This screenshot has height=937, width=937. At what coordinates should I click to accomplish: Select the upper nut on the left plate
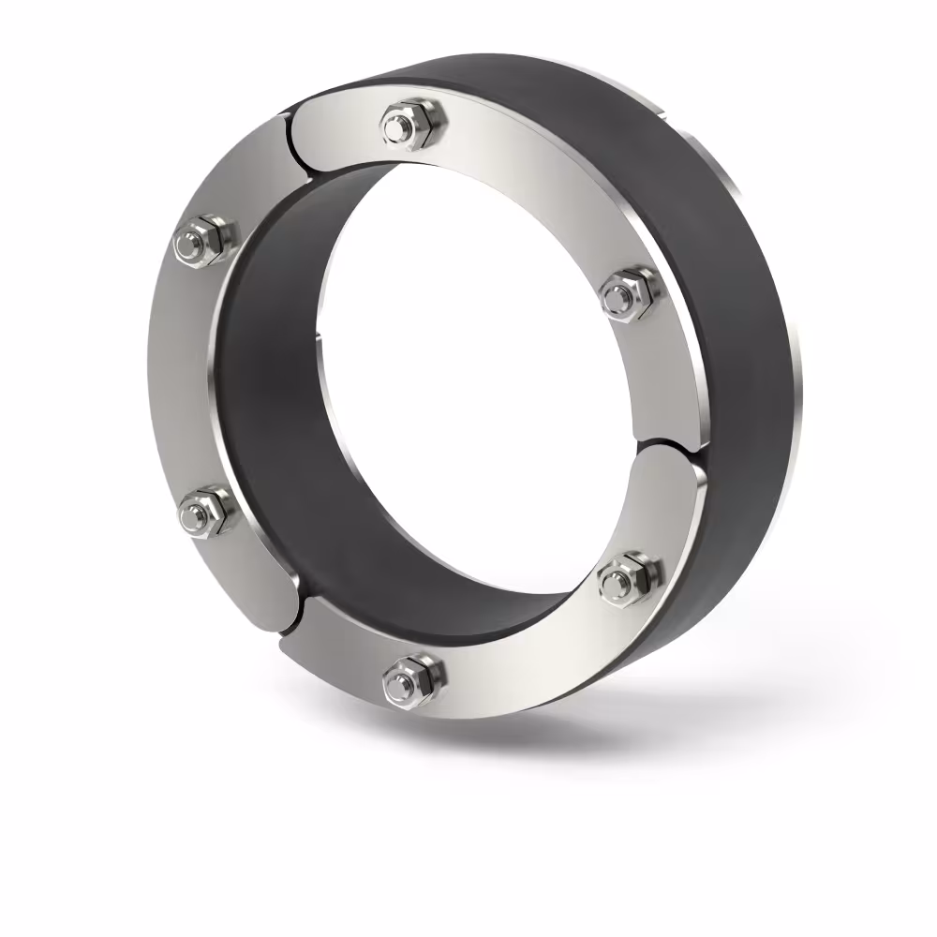point(205,242)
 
